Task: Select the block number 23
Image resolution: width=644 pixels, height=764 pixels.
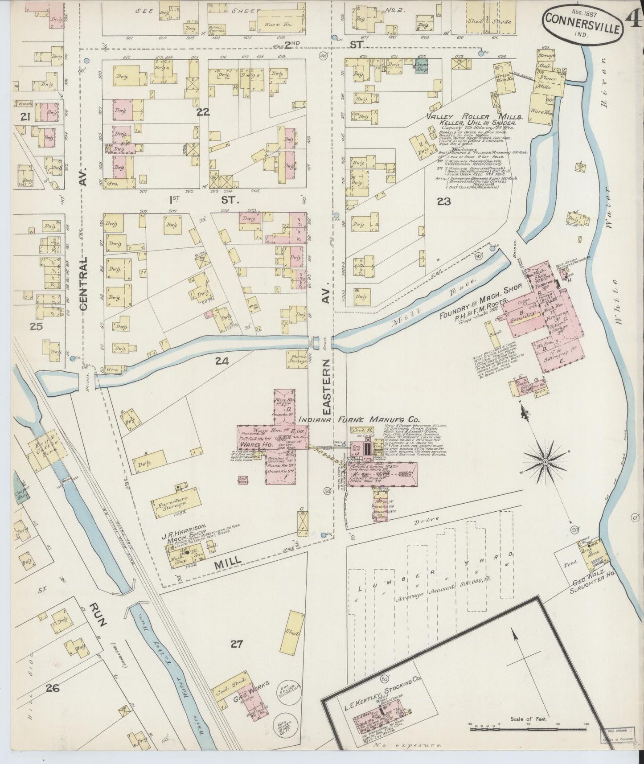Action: click(x=444, y=201)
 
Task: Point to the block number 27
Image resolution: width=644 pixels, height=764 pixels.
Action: click(x=237, y=644)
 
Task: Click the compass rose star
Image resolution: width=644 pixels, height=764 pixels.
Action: click(x=545, y=463)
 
